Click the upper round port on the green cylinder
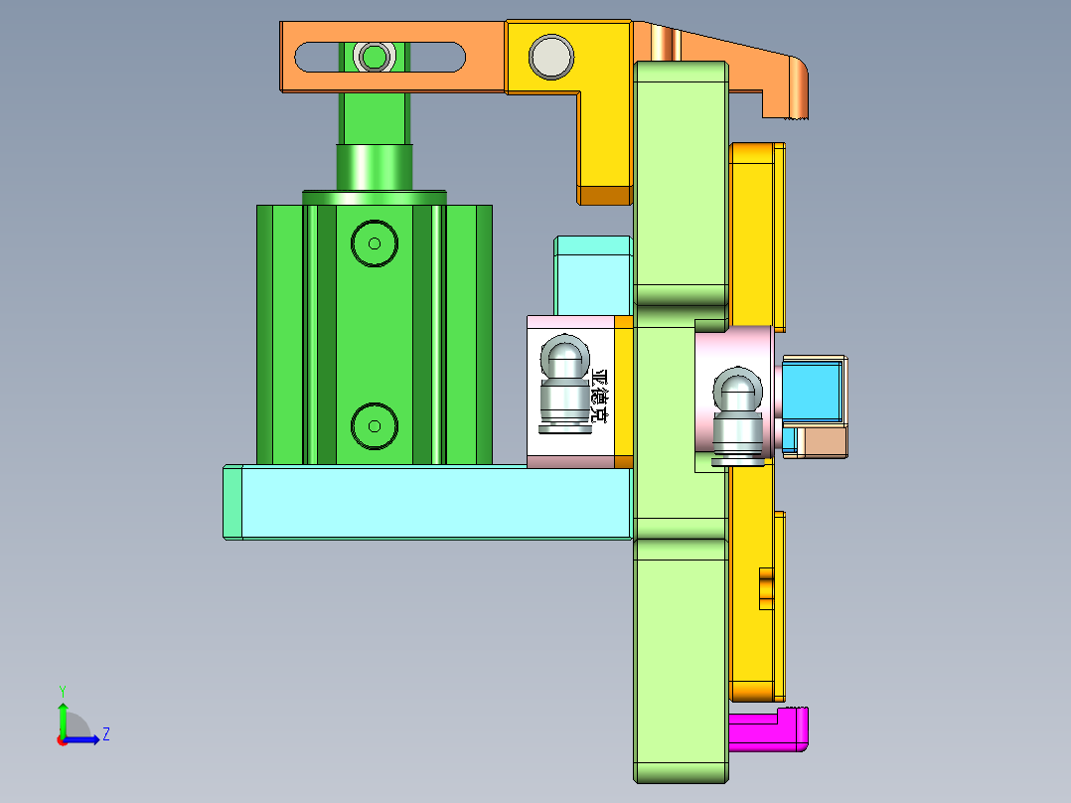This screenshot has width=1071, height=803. tap(375, 242)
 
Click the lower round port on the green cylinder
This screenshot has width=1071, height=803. tap(375, 425)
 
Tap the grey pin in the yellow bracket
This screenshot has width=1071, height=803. tap(550, 57)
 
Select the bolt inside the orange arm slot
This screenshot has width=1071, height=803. tap(375, 56)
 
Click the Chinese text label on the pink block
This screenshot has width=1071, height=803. tap(598, 397)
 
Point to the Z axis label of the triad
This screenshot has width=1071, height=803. tap(105, 734)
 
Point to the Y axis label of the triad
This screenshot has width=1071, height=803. tap(62, 690)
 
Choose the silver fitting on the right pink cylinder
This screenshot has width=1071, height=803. tap(738, 415)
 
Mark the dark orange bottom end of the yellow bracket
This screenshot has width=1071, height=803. tap(605, 195)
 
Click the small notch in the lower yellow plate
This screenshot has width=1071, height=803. tap(766, 587)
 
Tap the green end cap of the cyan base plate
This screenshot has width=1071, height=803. tap(232, 503)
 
